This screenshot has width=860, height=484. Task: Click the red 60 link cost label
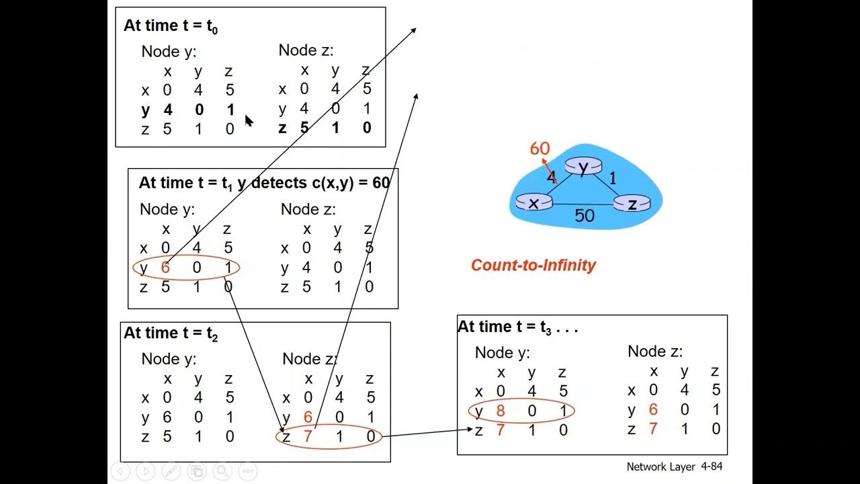[x=540, y=149]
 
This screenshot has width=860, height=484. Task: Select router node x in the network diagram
[x=533, y=202]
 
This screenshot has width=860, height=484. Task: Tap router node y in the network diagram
[x=583, y=166]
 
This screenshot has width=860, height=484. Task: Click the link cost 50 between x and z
[x=584, y=216]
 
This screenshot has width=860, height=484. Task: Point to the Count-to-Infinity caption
[x=533, y=265]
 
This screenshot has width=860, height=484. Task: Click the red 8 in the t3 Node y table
[x=501, y=411]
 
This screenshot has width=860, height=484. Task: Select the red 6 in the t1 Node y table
[x=165, y=268]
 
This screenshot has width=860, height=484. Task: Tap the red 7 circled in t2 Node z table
[x=308, y=437]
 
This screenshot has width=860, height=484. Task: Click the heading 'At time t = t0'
[x=171, y=26]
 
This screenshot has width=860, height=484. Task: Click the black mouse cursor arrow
[x=249, y=121]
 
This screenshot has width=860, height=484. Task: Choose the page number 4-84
[x=712, y=467]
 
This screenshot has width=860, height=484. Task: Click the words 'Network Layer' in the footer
[x=660, y=467]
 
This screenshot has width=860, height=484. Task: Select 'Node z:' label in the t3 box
[x=654, y=352]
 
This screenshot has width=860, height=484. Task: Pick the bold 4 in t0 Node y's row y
[x=167, y=110]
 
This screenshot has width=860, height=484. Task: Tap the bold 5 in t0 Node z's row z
[x=304, y=128]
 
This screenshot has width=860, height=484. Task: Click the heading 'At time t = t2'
[x=171, y=333]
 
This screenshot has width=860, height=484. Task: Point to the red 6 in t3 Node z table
[x=653, y=409]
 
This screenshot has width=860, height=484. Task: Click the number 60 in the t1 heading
[x=381, y=183]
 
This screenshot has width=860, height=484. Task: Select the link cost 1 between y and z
[x=612, y=178]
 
